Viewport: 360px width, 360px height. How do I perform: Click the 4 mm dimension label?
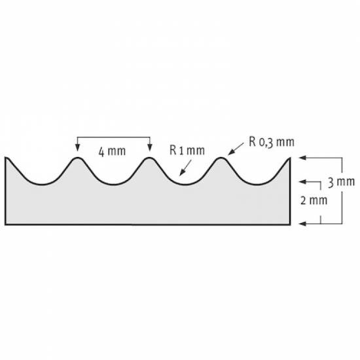pyautogui.click(x=112, y=152)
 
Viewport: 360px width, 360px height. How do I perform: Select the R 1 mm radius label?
pyautogui.click(x=187, y=151)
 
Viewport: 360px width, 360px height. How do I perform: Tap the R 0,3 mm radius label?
pyautogui.click(x=272, y=142)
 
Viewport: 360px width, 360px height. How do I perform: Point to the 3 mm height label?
pyautogui.click(x=342, y=182)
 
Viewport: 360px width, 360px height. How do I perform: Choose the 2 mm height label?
pyautogui.click(x=314, y=200)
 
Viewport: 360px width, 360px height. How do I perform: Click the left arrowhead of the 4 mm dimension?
pyautogui.click(x=78, y=147)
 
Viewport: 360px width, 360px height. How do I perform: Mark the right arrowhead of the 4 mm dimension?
pyautogui.click(x=150, y=147)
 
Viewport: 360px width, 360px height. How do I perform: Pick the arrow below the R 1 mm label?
pyautogui.click(x=185, y=168)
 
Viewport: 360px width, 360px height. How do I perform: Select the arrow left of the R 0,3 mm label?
pyautogui.click(x=236, y=149)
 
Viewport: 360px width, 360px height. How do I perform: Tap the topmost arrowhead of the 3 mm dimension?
pyautogui.click(x=302, y=158)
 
